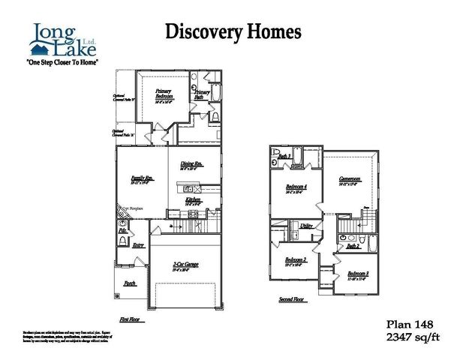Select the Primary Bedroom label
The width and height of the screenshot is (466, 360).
tap(164, 94)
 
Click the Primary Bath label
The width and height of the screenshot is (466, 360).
tap(201, 94)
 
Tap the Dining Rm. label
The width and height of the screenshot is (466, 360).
tap(191, 165)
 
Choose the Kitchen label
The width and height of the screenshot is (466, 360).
tap(194, 200)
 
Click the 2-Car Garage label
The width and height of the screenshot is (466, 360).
tap(185, 264)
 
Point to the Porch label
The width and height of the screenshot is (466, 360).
tap(130, 283)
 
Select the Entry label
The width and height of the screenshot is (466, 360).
tap(138, 245)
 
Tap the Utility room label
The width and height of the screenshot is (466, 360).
tap(306, 225)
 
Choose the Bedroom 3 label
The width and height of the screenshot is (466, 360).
tap(357, 274)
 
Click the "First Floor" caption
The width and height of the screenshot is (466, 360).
tap(130, 318)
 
